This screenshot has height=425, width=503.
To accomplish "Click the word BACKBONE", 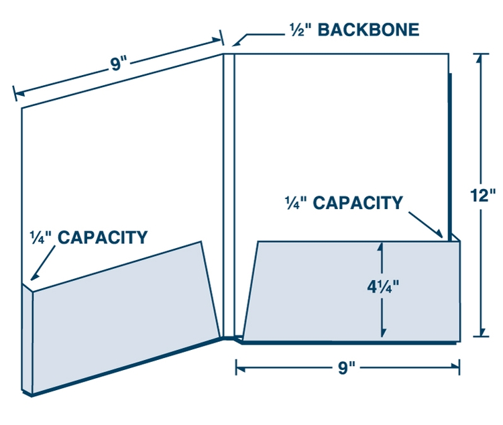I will click(x=368, y=30).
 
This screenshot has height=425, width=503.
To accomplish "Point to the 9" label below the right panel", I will click(x=347, y=369).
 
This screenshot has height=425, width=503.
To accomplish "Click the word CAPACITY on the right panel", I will click(x=358, y=202).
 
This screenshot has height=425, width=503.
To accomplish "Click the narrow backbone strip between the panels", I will click(x=229, y=194).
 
